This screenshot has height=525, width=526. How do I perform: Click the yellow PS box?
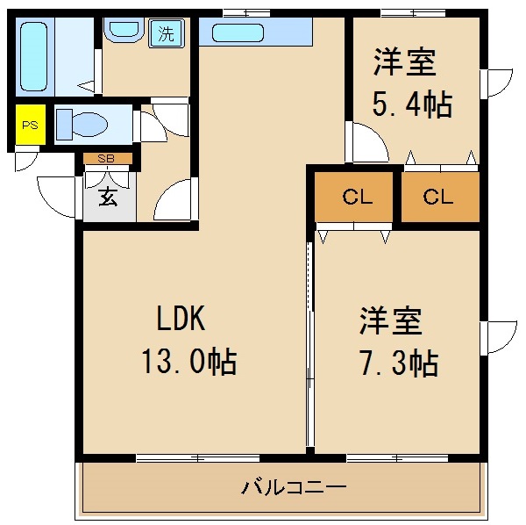click(30, 126)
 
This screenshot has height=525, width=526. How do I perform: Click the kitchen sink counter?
click(255, 33)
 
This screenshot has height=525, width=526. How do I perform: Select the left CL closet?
click(357, 198)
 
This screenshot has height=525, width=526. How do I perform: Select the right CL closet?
click(439, 198)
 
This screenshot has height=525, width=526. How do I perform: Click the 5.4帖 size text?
click(413, 104)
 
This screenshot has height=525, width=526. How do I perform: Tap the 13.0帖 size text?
click(188, 361)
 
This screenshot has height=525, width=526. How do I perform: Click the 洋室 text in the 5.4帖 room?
click(405, 63)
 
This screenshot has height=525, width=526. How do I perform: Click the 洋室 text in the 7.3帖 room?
click(390, 320)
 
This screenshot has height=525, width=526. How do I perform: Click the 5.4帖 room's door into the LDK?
click(368, 143)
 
